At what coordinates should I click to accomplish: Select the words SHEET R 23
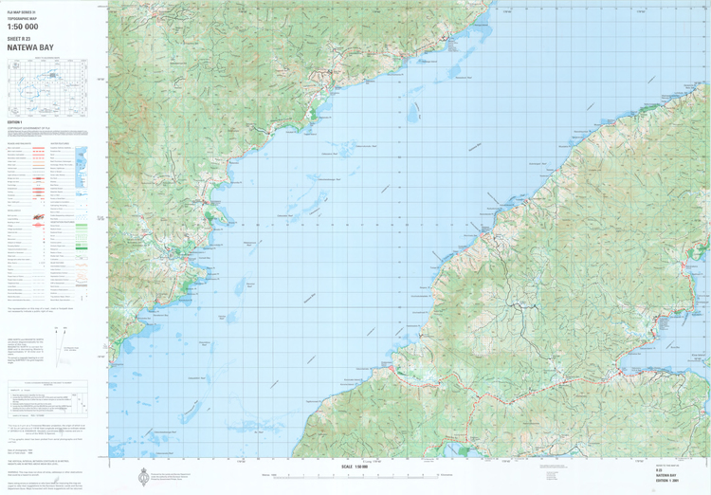pyautogui.click(x=20, y=36)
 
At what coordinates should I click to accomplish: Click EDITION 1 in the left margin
pyautogui.click(x=14, y=122)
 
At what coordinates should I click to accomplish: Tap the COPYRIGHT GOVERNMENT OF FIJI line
pyautogui.click(x=28, y=128)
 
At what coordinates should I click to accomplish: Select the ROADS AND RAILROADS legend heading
pyautogui.click(x=21, y=143)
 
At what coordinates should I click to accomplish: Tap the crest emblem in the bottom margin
pyautogui.click(x=142, y=475)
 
